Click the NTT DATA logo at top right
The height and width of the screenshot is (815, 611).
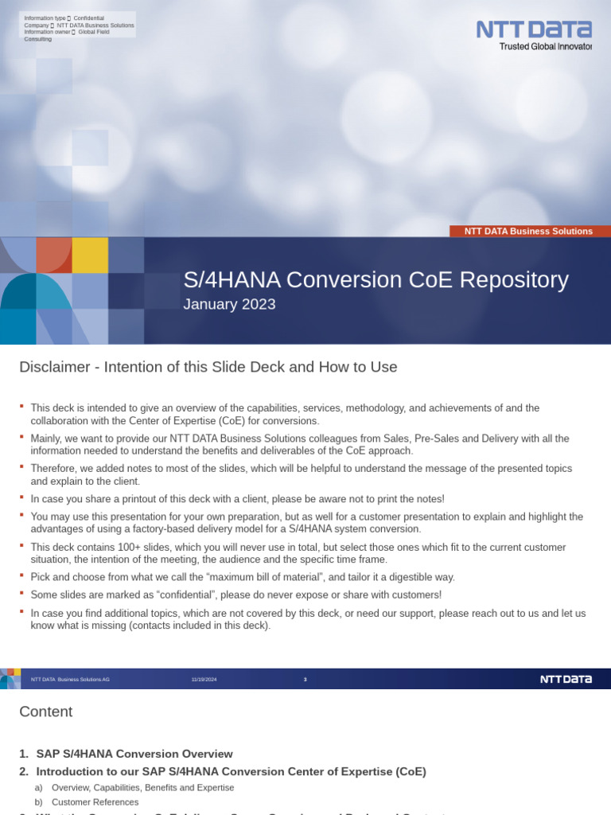(x=533, y=29)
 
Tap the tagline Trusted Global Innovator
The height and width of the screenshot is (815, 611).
(x=545, y=47)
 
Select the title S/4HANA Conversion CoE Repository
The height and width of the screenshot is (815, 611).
(x=376, y=280)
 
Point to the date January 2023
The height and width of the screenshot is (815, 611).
(x=229, y=304)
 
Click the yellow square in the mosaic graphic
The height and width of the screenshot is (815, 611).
(x=90, y=255)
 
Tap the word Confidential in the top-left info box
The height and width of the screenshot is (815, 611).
(x=89, y=18)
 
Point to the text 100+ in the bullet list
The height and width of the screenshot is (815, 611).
(x=114, y=548)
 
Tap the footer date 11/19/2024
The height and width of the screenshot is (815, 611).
(x=204, y=679)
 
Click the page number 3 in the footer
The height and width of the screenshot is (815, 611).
(x=305, y=679)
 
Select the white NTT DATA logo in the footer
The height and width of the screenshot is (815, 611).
(x=566, y=679)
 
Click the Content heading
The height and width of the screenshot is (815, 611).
(x=45, y=712)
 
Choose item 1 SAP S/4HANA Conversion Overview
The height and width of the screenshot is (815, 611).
(x=134, y=754)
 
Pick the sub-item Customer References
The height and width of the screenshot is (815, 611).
(x=95, y=802)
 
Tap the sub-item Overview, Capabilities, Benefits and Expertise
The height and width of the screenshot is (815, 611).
(x=143, y=787)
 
